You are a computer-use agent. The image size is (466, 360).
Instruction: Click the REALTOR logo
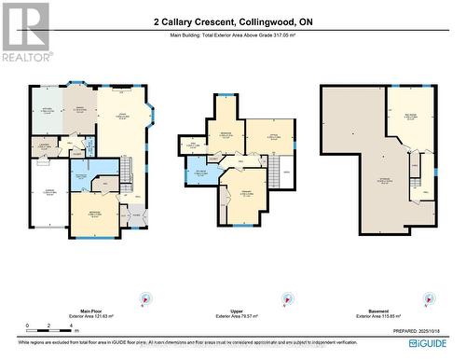tap(25, 32)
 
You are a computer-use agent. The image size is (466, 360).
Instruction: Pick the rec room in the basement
tap(411, 117)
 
